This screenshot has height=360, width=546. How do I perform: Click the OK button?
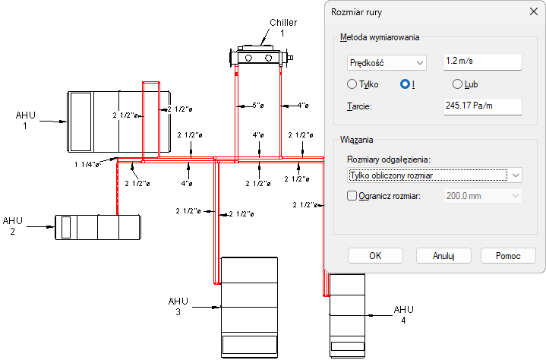click(375, 256)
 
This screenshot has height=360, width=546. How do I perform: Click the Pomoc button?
click(507, 256)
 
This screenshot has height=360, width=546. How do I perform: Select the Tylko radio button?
click(352, 84)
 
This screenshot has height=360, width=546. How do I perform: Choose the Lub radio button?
click(458, 84)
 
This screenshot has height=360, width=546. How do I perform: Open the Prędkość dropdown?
click(386, 62)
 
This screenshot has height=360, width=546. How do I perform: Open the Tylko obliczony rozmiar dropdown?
click(434, 175)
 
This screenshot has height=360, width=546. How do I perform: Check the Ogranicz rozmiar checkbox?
click(352, 195)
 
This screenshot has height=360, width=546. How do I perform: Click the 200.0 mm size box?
click(482, 195)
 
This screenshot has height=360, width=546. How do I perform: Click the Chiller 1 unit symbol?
click(259, 56)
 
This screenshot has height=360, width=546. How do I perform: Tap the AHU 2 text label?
click(13, 226)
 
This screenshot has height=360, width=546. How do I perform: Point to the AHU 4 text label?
click(404, 314)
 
